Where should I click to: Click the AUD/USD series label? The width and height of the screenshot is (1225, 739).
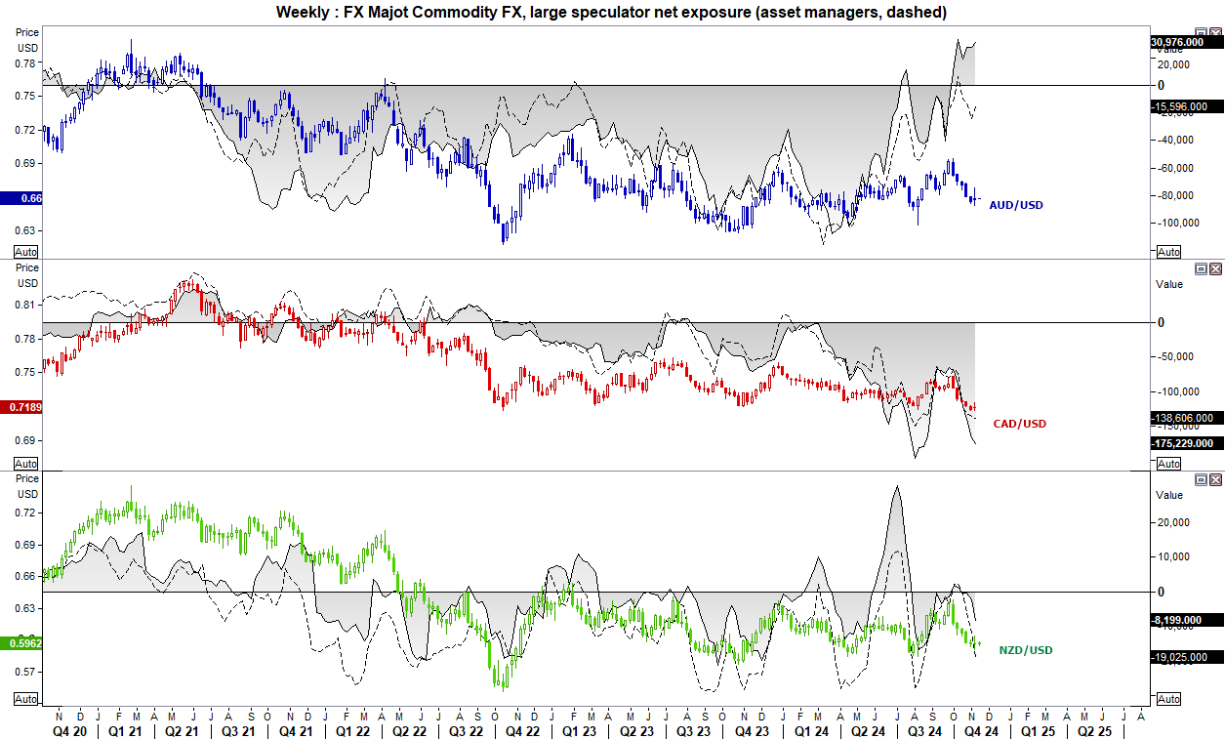coord(1017,205)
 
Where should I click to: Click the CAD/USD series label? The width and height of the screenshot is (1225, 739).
coord(1019,424)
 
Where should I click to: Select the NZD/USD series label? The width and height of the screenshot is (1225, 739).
coord(1026,650)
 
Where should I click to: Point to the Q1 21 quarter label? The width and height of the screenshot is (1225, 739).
coord(123,729)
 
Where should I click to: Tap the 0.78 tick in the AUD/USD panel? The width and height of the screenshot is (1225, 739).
coord(26,63)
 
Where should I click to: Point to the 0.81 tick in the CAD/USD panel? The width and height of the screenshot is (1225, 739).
coord(26,305)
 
